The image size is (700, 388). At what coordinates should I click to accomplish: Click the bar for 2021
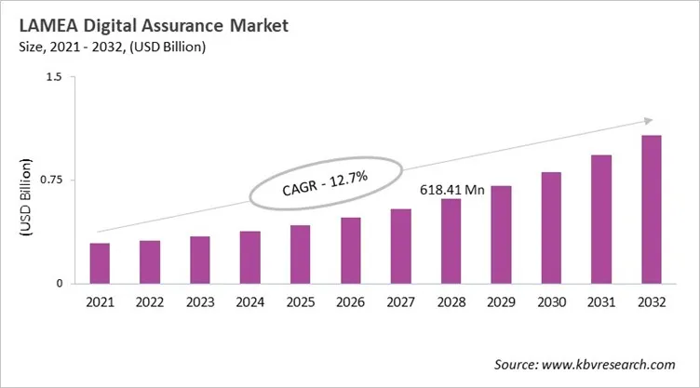(x=100, y=263)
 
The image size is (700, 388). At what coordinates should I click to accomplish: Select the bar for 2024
(x=250, y=257)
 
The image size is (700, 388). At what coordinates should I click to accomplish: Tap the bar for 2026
(x=351, y=250)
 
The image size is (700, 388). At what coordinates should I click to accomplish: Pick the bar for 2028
(x=451, y=241)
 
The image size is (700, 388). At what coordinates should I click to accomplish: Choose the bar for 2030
(x=552, y=227)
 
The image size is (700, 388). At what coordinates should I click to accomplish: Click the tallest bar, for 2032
(x=653, y=209)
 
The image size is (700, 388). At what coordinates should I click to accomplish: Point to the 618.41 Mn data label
(x=451, y=189)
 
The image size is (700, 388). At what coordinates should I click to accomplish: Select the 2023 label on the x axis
(x=200, y=302)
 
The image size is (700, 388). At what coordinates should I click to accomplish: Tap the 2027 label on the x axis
(x=401, y=302)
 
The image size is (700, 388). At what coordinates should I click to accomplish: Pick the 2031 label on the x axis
(x=602, y=302)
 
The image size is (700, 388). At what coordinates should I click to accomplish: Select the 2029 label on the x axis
(x=502, y=302)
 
